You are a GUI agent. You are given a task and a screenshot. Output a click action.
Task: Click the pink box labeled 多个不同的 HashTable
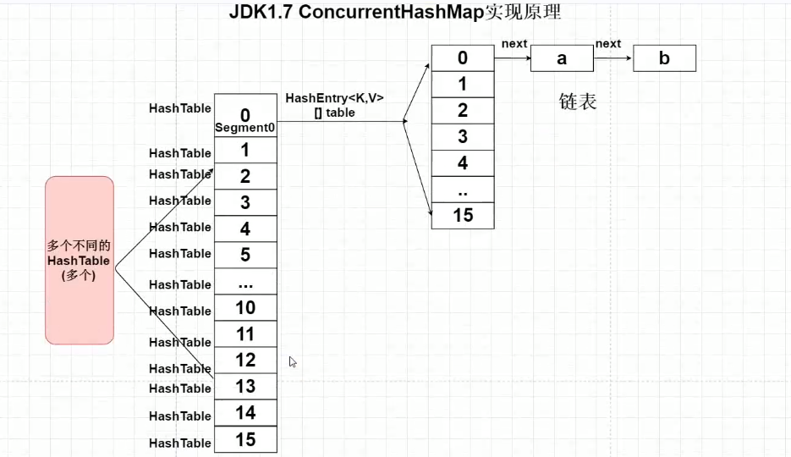pos(80,261)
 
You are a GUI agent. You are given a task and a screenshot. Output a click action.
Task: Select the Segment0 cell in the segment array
pos(245,115)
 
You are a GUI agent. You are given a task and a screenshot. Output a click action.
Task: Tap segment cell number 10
pos(245,308)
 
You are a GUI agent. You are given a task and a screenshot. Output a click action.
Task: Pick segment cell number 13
pos(245,387)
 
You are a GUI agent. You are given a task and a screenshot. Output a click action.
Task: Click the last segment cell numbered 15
pos(245,439)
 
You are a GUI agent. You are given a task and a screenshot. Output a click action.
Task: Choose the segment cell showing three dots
pos(245,282)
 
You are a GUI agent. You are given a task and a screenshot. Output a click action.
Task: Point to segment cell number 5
pos(245,255)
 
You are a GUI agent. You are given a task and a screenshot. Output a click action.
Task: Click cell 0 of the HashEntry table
pos(463,58)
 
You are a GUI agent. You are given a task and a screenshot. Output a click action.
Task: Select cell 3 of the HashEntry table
pos(463,137)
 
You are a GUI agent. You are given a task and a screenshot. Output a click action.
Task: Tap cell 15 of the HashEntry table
pos(463,216)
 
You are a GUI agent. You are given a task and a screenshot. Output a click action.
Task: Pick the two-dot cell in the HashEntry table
pos(463,190)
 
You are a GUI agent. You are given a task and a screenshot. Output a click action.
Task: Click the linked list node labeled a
pos(562,58)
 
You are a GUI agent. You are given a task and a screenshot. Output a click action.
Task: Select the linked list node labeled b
pos(664,58)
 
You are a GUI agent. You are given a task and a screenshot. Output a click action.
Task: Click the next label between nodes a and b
pos(608,44)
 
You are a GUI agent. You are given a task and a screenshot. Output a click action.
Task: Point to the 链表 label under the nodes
pos(578,102)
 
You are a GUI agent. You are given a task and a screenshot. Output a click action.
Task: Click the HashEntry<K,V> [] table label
pos(334,106)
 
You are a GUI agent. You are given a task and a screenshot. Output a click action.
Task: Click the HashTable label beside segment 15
pos(180,443)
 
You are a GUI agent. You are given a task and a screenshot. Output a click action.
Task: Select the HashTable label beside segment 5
pos(180,253)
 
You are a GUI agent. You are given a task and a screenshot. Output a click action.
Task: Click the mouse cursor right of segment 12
pos(293,361)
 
